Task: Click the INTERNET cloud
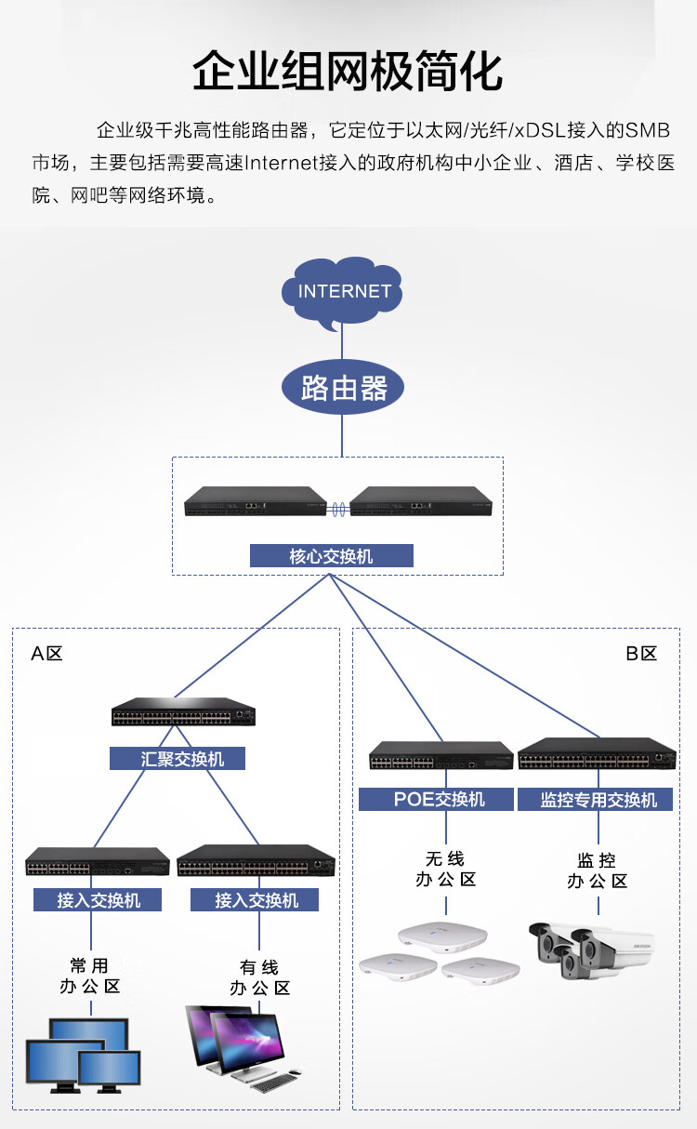click(342, 292)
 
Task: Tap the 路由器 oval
click(342, 387)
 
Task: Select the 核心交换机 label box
click(332, 555)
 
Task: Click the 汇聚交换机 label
click(178, 758)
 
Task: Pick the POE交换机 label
click(436, 799)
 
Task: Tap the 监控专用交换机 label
click(596, 799)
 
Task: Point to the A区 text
click(46, 654)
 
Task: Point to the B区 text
click(641, 654)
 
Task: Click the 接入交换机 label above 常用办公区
click(98, 899)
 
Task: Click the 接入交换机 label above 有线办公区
click(255, 899)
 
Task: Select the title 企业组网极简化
click(348, 71)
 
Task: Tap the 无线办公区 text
click(446, 869)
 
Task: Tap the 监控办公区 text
click(598, 870)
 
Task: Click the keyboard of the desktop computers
click(273, 1083)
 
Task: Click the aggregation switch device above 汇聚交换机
click(183, 711)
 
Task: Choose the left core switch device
click(256, 501)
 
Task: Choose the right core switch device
click(421, 501)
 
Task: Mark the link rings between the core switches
click(338, 509)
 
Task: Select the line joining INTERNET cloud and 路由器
click(342, 342)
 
